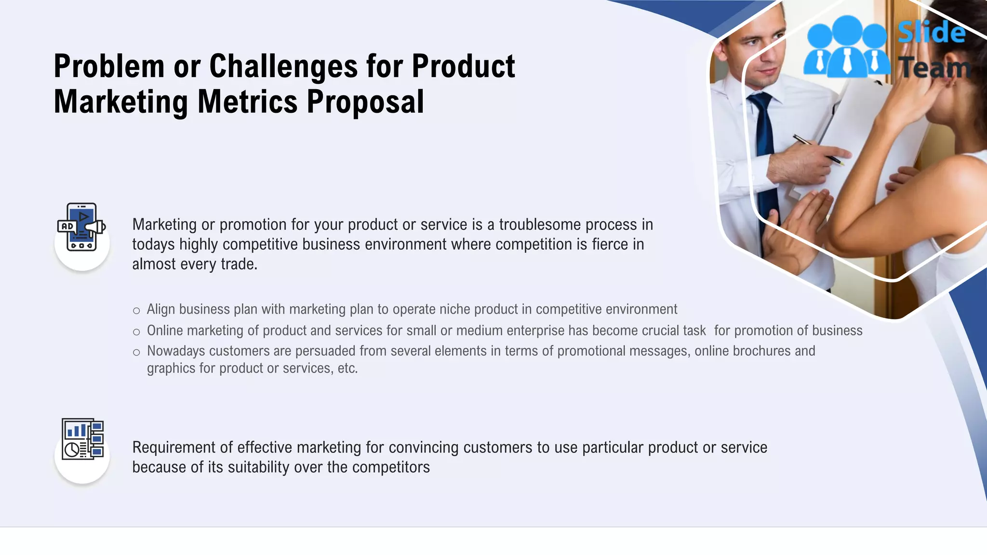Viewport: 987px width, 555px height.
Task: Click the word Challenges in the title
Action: [283, 66]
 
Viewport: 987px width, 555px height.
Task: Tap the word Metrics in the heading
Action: [248, 102]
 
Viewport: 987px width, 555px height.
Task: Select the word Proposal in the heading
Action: [365, 102]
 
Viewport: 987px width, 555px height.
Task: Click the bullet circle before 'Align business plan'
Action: [136, 311]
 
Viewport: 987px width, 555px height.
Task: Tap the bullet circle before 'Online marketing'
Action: [136, 332]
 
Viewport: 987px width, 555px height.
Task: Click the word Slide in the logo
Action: [931, 33]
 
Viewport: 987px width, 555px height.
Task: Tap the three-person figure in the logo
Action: [846, 47]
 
